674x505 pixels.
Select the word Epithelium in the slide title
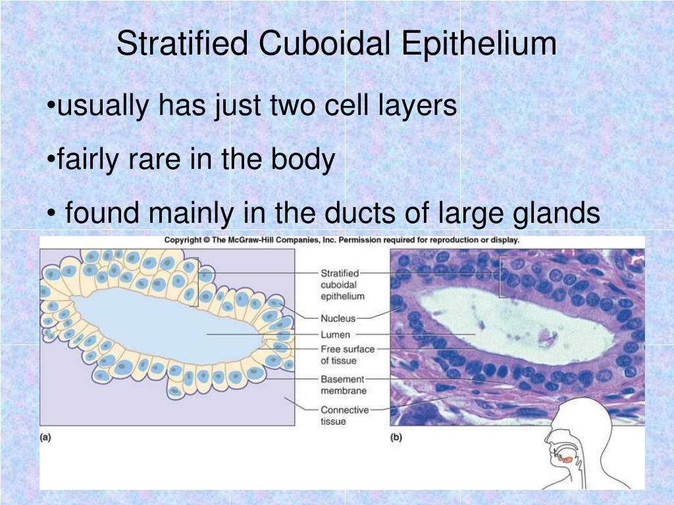(479, 44)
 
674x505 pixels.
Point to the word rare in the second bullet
(153, 159)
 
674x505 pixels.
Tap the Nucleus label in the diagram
(338, 319)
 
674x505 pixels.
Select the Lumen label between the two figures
(335, 335)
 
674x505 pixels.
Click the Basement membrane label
(344, 385)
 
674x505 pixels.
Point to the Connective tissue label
(345, 416)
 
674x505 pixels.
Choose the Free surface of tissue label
(348, 354)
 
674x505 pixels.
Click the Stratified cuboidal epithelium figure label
(342, 284)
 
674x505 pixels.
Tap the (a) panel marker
(45, 437)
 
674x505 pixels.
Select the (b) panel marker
(396, 437)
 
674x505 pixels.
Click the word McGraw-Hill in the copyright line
(250, 240)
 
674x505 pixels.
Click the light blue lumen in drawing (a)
(168, 324)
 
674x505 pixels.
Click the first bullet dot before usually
(51, 105)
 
